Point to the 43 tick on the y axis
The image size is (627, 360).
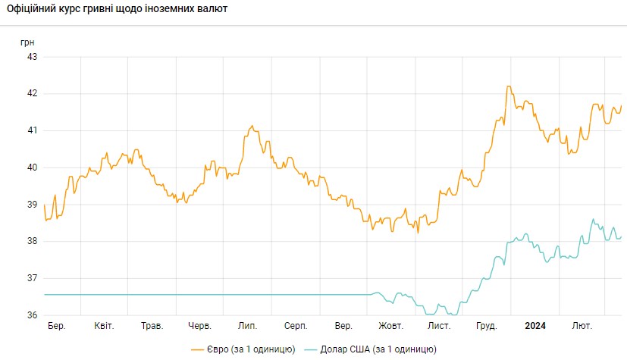pos(33,57)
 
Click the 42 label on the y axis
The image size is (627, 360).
pos(33,94)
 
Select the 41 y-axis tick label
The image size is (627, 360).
pos(33,130)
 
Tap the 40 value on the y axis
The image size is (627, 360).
pos(33,167)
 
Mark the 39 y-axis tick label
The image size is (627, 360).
pos(33,205)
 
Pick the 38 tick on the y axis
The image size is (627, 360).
pos(33,242)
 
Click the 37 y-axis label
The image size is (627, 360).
pos(33,279)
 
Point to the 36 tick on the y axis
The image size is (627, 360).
pos(33,315)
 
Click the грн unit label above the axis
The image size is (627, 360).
pos(27,41)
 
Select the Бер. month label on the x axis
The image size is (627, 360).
pos(56,326)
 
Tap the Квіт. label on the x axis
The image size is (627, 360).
pos(104,326)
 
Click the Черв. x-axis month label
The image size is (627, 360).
pos(199,326)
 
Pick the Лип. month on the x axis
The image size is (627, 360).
pos(247,326)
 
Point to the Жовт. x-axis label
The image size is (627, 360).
pos(390,326)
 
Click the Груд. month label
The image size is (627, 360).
pos(486,326)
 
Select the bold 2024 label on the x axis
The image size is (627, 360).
pos(535,326)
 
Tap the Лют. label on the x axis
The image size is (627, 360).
pos(582,326)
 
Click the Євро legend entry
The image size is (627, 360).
pos(242,349)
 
